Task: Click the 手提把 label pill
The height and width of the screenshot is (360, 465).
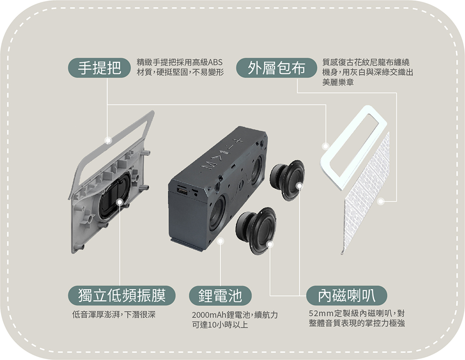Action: tap(100, 68)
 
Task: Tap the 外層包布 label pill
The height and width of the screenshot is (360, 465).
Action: tap(276, 68)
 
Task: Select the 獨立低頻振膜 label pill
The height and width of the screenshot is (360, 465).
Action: tap(121, 295)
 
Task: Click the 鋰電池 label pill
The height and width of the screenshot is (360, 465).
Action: tap(220, 296)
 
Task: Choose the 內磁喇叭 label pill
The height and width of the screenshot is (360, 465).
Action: tap(347, 295)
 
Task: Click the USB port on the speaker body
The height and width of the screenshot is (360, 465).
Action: tap(182, 191)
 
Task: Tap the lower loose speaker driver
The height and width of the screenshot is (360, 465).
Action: tap(256, 230)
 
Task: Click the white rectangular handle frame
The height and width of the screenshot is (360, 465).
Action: tap(353, 148)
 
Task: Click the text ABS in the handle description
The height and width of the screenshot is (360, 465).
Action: tap(215, 62)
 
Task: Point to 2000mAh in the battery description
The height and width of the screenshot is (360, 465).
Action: tap(208, 315)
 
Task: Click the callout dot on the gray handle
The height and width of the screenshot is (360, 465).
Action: tap(108, 140)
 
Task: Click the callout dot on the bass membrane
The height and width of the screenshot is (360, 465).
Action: tap(120, 202)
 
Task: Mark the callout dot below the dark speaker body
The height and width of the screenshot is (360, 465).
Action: tap(220, 241)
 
